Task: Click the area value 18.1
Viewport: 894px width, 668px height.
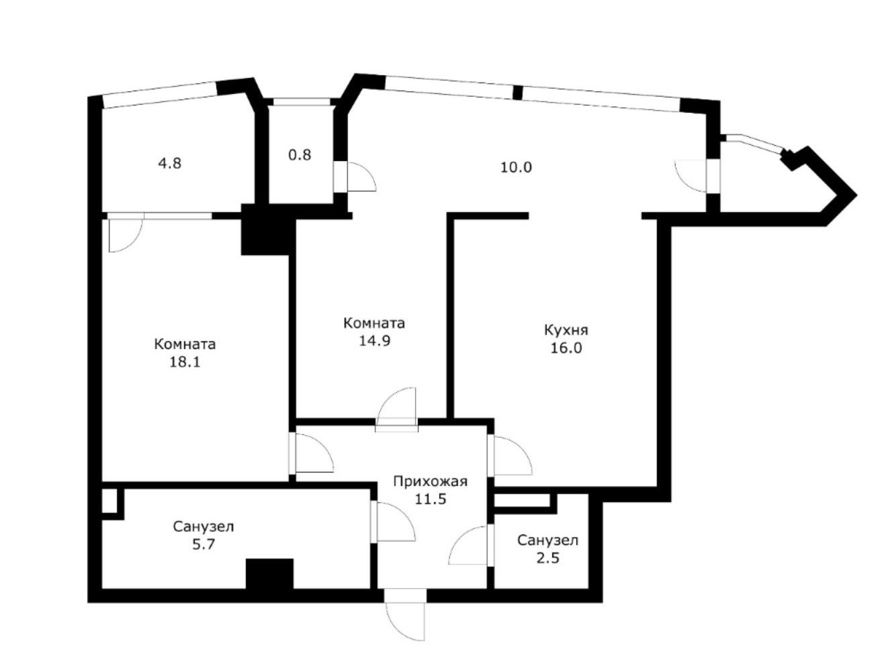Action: point(185,362)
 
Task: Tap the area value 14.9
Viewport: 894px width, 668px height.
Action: point(374,340)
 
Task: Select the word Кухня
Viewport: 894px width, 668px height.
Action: point(566,330)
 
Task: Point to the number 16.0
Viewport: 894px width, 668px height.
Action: point(566,348)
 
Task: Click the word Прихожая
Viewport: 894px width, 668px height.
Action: point(430,481)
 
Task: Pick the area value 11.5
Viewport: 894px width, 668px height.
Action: point(431,499)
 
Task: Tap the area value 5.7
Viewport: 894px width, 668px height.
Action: point(204,544)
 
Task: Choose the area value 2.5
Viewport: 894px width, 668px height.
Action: point(548,558)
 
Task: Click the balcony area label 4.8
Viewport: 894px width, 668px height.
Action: point(169,164)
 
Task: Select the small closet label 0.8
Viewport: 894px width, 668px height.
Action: point(300,155)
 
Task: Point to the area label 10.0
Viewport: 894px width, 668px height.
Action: point(516,167)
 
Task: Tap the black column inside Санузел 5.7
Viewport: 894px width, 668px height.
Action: point(269,573)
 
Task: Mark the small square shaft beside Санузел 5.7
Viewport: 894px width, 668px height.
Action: point(109,500)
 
